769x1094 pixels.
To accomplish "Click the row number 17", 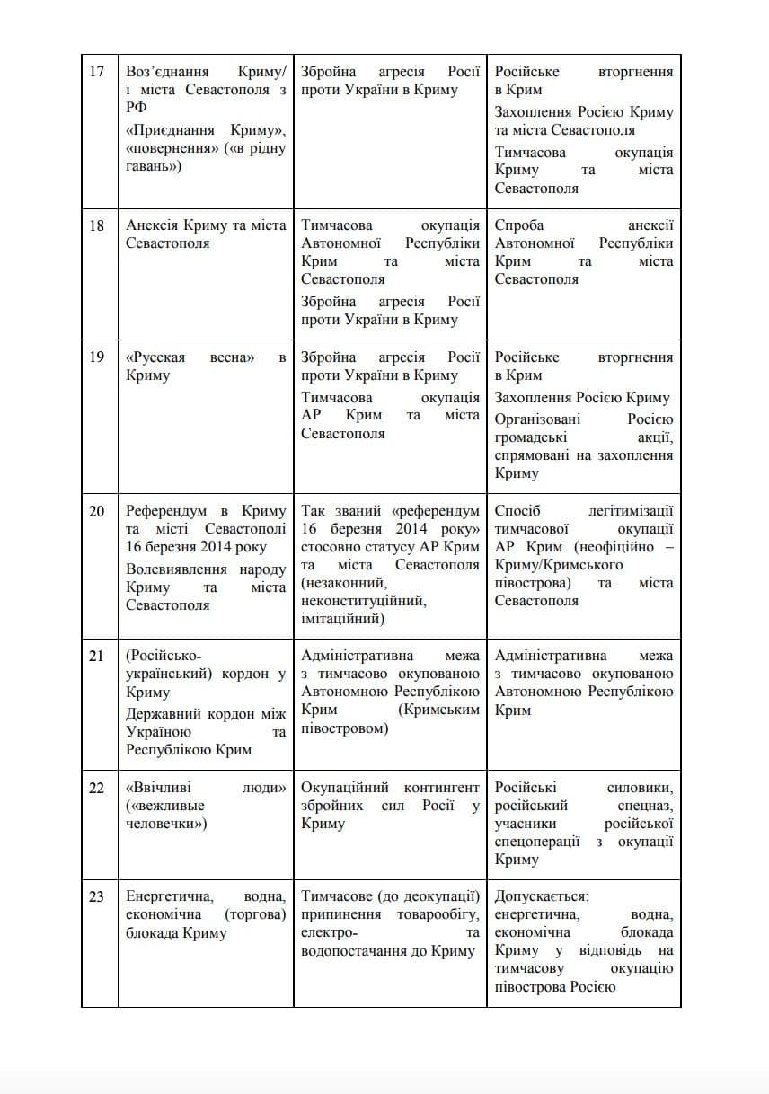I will pyautogui.click(x=97, y=72).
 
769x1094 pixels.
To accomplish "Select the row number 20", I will pyautogui.click(x=97, y=511).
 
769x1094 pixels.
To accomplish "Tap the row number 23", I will pyautogui.click(x=97, y=896).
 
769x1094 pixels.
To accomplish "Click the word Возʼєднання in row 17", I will pyautogui.click(x=168, y=72).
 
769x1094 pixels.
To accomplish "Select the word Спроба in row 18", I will pyautogui.click(x=519, y=225).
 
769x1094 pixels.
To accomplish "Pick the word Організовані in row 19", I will pyautogui.click(x=537, y=419).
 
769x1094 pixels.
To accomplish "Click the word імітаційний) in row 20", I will pyautogui.click(x=342, y=619).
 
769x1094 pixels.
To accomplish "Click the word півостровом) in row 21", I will pyautogui.click(x=345, y=728).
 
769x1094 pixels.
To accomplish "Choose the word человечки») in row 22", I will pyautogui.click(x=166, y=824).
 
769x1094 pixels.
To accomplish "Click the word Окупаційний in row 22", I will pyautogui.click(x=342, y=788).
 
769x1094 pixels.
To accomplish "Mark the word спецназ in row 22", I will pyautogui.click(x=642, y=806).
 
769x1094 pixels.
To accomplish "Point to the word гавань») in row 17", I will pyautogui.click(x=154, y=166).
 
